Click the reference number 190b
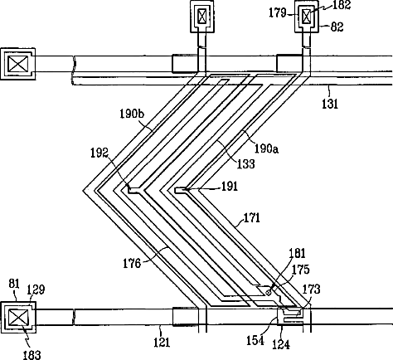tap(132, 114)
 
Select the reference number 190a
tap(266, 148)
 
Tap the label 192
tap(99, 153)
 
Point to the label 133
tap(245, 163)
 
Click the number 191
tap(230, 187)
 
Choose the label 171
tap(252, 218)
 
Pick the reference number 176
tap(132, 264)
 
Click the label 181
tap(298, 253)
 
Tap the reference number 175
tap(300, 270)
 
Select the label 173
tap(311, 289)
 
